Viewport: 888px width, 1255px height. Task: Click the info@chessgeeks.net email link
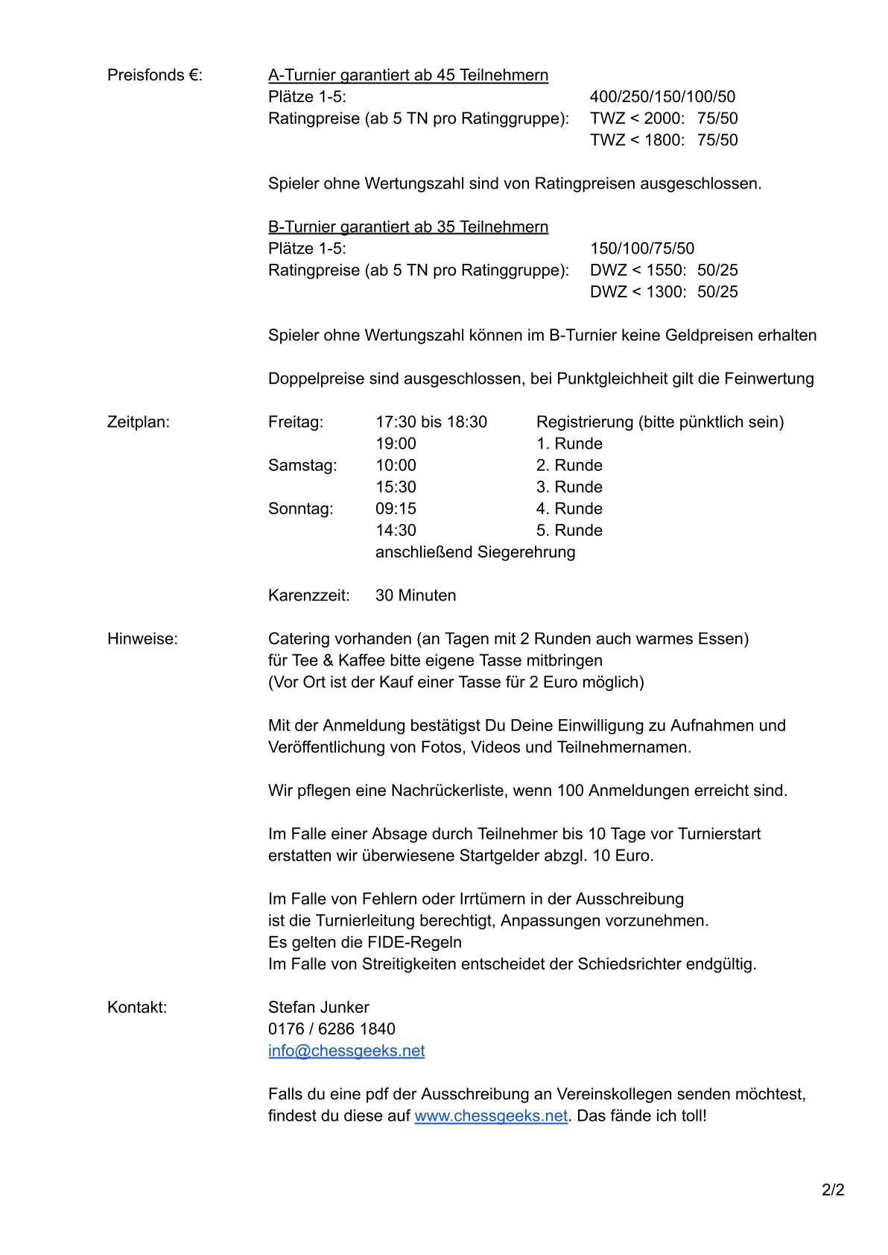click(346, 1051)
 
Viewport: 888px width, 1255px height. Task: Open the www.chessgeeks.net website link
click(491, 1116)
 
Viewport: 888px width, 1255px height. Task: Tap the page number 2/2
click(833, 1189)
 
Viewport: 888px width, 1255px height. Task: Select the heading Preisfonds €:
click(155, 75)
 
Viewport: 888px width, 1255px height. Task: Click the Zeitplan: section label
click(139, 423)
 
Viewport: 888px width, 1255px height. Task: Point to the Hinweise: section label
click(142, 639)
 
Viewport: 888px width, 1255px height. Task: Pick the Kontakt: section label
click(137, 1008)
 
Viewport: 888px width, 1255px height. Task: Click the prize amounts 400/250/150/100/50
click(662, 97)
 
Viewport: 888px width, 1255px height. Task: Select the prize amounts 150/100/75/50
click(641, 248)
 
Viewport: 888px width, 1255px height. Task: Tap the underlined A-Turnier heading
click(408, 75)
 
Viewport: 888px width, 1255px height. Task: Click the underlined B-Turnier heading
click(408, 227)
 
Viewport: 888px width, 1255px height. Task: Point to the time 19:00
click(396, 444)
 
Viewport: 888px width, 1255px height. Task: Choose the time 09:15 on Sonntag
click(396, 509)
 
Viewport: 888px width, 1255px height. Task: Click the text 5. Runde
click(569, 531)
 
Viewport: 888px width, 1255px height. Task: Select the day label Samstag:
click(302, 466)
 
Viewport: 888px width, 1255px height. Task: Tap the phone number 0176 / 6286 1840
click(332, 1029)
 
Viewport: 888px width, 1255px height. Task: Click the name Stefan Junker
click(318, 1008)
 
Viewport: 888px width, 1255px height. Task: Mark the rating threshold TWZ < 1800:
click(637, 140)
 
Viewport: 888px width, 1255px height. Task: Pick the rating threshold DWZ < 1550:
click(638, 270)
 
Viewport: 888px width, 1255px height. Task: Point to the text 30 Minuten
click(416, 595)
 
